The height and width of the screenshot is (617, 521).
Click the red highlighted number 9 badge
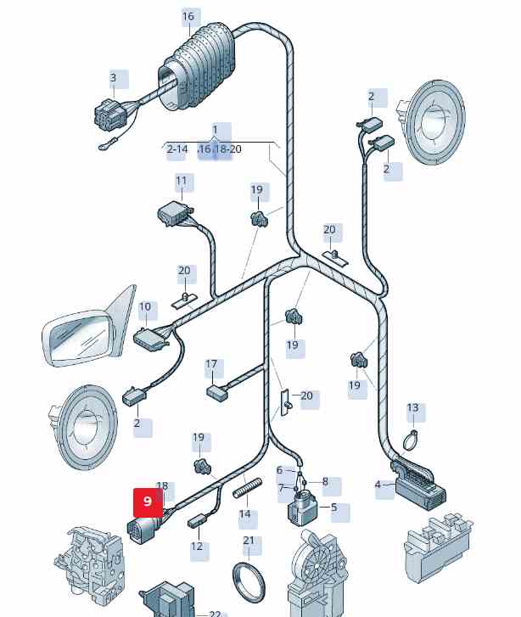tap(148, 502)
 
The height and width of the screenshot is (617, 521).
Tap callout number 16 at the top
tap(188, 16)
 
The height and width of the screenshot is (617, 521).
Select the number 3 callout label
tap(113, 78)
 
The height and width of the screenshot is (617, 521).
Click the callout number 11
tap(182, 181)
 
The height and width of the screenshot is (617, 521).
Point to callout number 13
tap(412, 408)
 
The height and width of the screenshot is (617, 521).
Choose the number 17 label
tap(211, 365)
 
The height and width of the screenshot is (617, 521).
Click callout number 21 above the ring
tap(249, 541)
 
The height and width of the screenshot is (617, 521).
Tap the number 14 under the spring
tap(244, 514)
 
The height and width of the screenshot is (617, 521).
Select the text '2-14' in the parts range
tap(177, 149)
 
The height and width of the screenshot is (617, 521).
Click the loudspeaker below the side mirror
tap(82, 426)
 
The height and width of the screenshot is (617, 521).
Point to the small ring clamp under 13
tap(411, 440)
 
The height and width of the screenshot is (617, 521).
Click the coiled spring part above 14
tap(244, 489)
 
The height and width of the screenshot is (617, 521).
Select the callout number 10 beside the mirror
tap(145, 307)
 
